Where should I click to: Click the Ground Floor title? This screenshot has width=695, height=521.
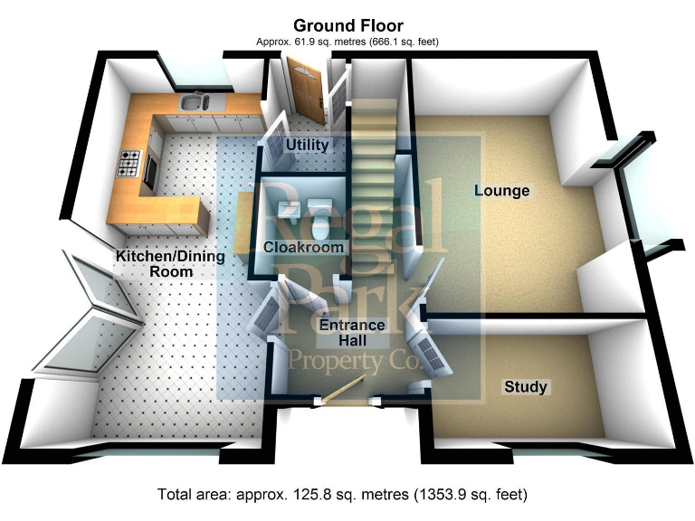pyautogui.click(x=348, y=25)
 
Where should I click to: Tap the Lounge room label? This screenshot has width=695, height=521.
pyautogui.click(x=502, y=191)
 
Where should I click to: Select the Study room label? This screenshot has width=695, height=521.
pyautogui.click(x=525, y=387)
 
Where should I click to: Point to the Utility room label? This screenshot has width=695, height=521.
pyautogui.click(x=308, y=145)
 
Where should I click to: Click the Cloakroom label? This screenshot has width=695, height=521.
pyautogui.click(x=303, y=247)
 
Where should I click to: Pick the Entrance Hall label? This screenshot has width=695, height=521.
pyautogui.click(x=353, y=332)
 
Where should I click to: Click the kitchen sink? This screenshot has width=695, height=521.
pyautogui.click(x=194, y=103)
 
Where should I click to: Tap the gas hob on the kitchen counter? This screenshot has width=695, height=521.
pyautogui.click(x=128, y=164)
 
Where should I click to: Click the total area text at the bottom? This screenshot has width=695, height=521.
pyautogui.click(x=342, y=495)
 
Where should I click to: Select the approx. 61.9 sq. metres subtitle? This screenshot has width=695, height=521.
pyautogui.click(x=348, y=42)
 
